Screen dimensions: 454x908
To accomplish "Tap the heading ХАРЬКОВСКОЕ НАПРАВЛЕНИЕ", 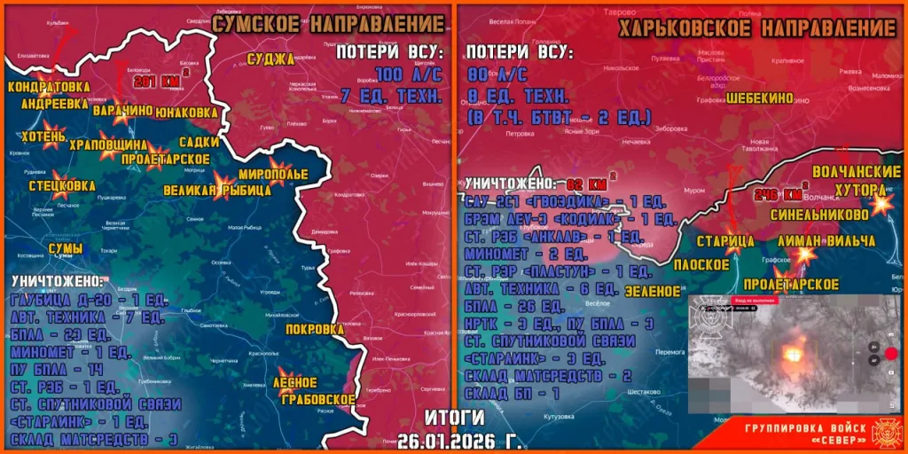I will (x=757, y=27).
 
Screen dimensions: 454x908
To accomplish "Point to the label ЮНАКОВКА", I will (x=185, y=113).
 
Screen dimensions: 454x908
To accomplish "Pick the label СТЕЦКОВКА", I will (x=61, y=185).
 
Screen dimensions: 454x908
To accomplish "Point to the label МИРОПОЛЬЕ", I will (x=273, y=174).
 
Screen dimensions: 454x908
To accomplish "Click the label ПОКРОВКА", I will (x=315, y=329).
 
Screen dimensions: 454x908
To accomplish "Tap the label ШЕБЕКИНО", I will (x=759, y=98).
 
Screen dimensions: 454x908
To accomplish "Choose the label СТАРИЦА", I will (x=725, y=240).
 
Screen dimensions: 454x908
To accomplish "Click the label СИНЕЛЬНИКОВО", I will (x=831, y=215).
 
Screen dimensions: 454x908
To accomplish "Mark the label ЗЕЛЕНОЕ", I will (x=650, y=290).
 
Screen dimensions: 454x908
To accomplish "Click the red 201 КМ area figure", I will (x=148, y=82).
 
